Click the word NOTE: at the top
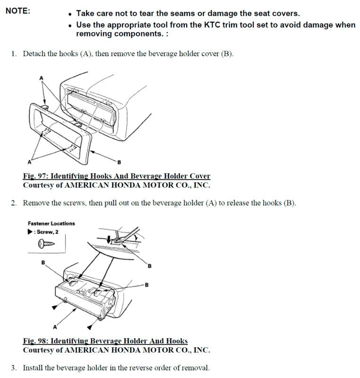pyautogui.click(x=17, y=11)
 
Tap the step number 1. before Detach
pyautogui.click(x=14, y=54)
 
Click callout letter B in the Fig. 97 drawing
pyautogui.click(x=119, y=163)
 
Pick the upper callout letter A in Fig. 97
pyautogui.click(x=41, y=78)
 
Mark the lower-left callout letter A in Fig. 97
pyautogui.click(x=29, y=162)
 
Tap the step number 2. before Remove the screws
pyautogui.click(x=14, y=203)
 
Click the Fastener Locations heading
pyautogui.click(x=51, y=223)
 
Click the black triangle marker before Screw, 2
pyautogui.click(x=31, y=232)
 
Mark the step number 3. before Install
pyautogui.click(x=14, y=368)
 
